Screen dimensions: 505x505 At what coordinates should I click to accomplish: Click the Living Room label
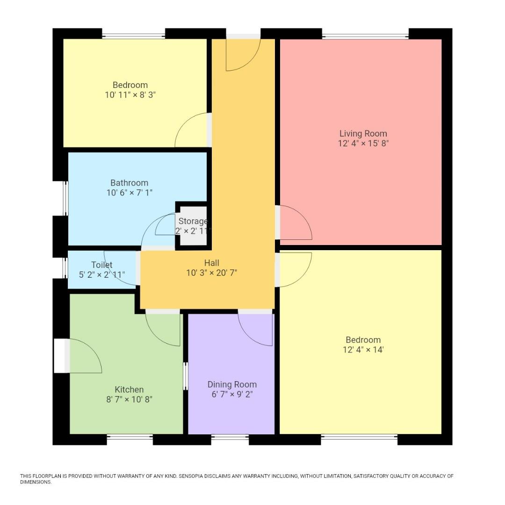363,133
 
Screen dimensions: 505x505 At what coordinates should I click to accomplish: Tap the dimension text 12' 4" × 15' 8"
363,144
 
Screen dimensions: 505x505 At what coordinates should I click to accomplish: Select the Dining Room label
232,384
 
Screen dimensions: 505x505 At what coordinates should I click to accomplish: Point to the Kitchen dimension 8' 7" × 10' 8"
129,399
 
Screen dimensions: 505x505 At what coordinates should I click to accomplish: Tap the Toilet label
101,265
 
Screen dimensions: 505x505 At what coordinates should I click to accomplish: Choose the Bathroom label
129,183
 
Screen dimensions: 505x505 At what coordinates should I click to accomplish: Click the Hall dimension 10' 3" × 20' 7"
211,273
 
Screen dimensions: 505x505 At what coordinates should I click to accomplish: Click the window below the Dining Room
230,438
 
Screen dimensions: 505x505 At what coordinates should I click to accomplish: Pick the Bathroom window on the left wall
66,198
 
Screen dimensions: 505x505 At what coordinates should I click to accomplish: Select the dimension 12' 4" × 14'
363,350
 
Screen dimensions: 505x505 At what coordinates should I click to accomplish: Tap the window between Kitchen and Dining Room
186,376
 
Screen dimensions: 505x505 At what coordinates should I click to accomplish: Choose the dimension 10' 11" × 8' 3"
130,94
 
